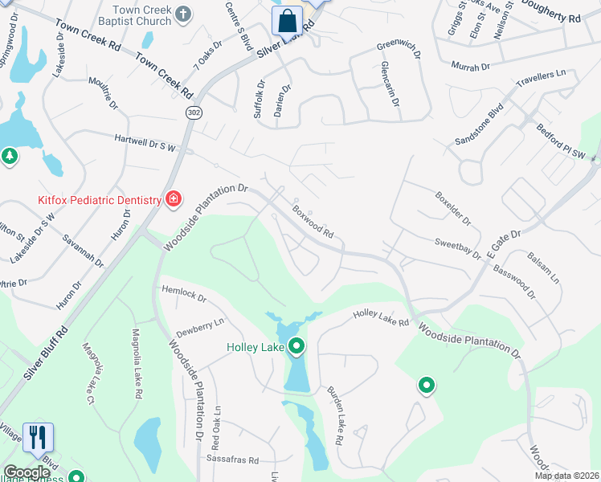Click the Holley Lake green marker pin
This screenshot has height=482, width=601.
296,347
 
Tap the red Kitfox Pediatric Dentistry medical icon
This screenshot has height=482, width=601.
174,199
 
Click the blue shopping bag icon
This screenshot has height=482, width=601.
287,21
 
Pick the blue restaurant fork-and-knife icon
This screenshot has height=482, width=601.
38,438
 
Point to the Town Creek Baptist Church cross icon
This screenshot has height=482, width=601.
184,14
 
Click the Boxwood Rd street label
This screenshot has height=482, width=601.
313,223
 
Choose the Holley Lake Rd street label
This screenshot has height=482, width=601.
382,319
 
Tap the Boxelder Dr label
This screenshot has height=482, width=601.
453,206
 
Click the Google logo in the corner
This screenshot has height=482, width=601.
27,473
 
